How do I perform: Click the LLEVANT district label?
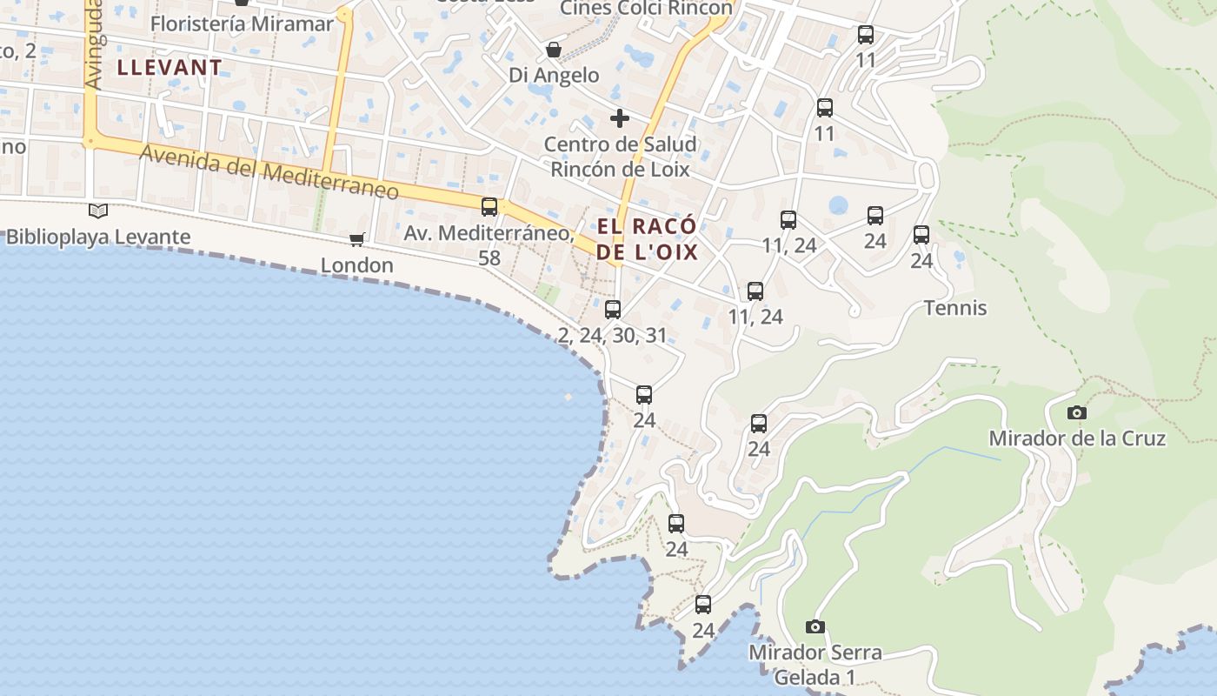coord(170,67)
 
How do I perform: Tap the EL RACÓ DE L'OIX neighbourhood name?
coord(648,239)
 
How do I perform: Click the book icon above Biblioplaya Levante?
coord(98,211)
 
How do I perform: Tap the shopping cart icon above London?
coord(356,239)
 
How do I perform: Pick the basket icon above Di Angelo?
coord(553,50)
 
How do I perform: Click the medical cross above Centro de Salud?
coord(620,117)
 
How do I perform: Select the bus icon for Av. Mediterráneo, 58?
coord(489,206)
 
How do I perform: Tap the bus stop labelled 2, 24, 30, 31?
coord(613,309)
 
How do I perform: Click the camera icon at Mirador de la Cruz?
coord(1077,412)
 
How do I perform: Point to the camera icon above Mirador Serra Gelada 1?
coord(815,626)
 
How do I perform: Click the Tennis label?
coord(955,308)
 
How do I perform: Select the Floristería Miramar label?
coord(242,23)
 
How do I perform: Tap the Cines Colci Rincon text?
coord(646,8)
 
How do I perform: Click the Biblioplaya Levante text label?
coord(98,237)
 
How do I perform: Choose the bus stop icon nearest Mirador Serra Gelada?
coord(703,604)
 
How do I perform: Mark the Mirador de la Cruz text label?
coord(1077,438)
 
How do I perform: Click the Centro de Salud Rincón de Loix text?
coord(620,157)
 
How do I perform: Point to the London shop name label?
coord(357,264)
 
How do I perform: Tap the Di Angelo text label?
coord(554,75)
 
